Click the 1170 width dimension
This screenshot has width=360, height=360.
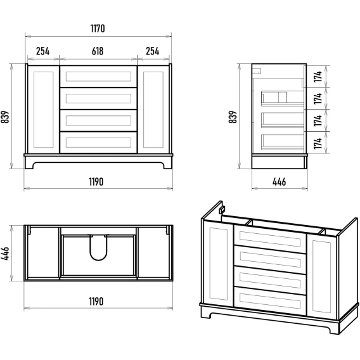point(98,29)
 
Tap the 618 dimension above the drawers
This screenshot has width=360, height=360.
point(98,51)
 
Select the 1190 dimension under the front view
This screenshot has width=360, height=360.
point(96,182)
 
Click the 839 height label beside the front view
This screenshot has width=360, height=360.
point(5,117)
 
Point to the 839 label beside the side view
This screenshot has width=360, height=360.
point(233,117)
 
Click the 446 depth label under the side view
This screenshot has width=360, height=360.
point(279,182)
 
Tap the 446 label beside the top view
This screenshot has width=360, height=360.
point(5,254)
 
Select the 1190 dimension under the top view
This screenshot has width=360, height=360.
point(96,302)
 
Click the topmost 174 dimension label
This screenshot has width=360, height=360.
point(318,77)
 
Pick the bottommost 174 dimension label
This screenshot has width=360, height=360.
point(318,143)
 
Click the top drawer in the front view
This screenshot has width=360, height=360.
point(98,77)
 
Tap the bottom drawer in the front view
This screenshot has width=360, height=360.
point(98,143)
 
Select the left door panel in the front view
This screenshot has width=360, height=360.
point(43,110)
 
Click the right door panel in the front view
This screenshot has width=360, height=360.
point(153,110)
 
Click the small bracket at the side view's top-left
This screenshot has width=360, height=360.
point(257,71)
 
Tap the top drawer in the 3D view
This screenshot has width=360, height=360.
point(270,239)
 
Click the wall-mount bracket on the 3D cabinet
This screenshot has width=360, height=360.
point(222,210)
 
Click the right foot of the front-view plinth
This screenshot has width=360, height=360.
point(167,165)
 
